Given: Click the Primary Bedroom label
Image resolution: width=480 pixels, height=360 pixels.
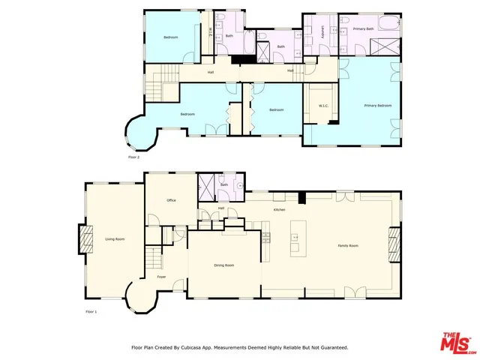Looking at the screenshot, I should pyautogui.click(x=378, y=106).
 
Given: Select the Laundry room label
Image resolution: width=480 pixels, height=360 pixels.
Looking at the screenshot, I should pyautogui.click(x=322, y=32).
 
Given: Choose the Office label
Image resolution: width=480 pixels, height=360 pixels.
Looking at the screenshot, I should pyautogui.click(x=171, y=200).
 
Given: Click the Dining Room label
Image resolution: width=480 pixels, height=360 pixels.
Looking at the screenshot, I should pyautogui.click(x=224, y=265).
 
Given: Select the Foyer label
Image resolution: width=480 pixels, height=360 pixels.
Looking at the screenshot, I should pyautogui.click(x=161, y=277).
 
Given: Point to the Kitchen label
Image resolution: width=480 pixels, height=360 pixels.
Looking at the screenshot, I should pyautogui.click(x=279, y=210).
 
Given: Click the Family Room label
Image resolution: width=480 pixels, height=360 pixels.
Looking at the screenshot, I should pyautogui.click(x=348, y=245).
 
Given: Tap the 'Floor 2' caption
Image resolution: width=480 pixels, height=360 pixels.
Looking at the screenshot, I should pyautogui.click(x=133, y=157).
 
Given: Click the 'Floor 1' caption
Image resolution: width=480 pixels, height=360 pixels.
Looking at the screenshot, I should pyautogui.click(x=91, y=311).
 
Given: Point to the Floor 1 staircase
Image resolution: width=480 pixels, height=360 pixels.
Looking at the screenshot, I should pyautogui.click(x=154, y=259).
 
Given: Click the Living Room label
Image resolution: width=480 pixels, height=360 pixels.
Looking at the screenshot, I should pyautogui.click(x=115, y=238).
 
